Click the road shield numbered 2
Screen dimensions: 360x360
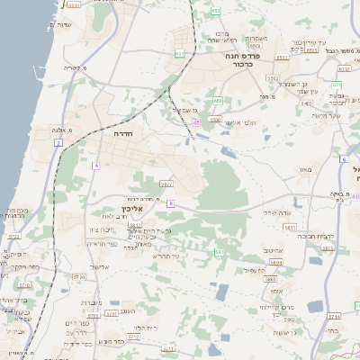click(58, 143)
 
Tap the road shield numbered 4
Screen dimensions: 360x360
click(95, 166)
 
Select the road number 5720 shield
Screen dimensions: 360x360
click(132, 337)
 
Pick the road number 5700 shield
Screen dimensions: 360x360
click(110, 314)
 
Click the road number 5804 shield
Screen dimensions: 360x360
click(275, 262)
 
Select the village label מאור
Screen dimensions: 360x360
click(304, 169)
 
